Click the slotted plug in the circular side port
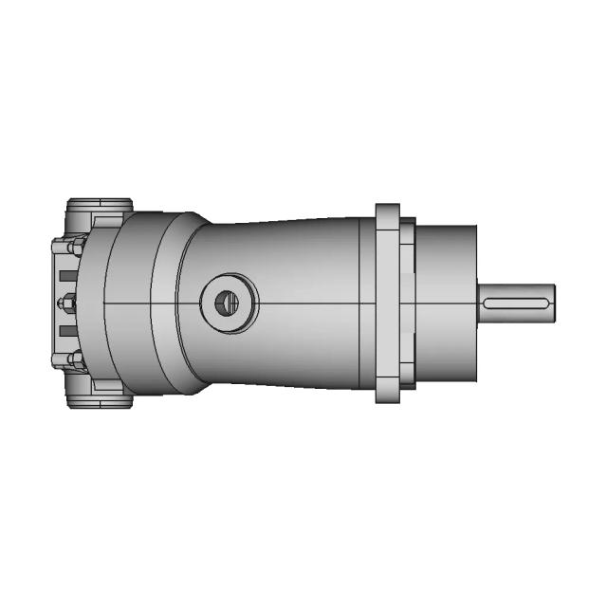click(226, 303)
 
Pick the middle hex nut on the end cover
click(68, 303)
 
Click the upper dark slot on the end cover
click(64, 276)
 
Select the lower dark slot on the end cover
click(64, 331)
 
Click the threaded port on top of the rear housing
click(99, 207)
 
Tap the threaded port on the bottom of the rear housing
click(99, 400)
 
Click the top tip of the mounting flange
click(387, 209)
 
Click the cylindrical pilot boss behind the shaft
click(446, 303)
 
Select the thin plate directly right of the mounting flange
click(407, 303)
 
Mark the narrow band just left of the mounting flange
click(367, 303)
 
